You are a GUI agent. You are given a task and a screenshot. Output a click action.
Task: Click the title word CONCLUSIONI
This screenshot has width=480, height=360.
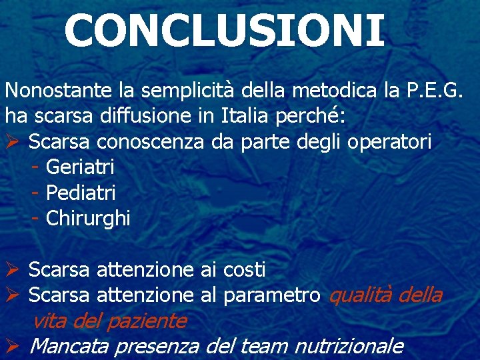click(x=225, y=31)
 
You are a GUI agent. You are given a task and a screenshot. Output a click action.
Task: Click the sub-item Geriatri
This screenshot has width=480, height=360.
click(x=80, y=167)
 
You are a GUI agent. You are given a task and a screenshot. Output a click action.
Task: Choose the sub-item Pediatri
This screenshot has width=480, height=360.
click(x=81, y=193)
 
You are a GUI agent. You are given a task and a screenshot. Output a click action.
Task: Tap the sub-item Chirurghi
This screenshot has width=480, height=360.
click(x=88, y=219)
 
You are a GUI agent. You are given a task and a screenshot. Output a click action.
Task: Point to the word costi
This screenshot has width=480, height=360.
click(x=244, y=270)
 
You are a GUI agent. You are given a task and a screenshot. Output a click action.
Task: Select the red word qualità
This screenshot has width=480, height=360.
click(x=361, y=295)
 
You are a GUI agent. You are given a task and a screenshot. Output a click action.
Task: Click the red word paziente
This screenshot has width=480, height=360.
click(x=147, y=321)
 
